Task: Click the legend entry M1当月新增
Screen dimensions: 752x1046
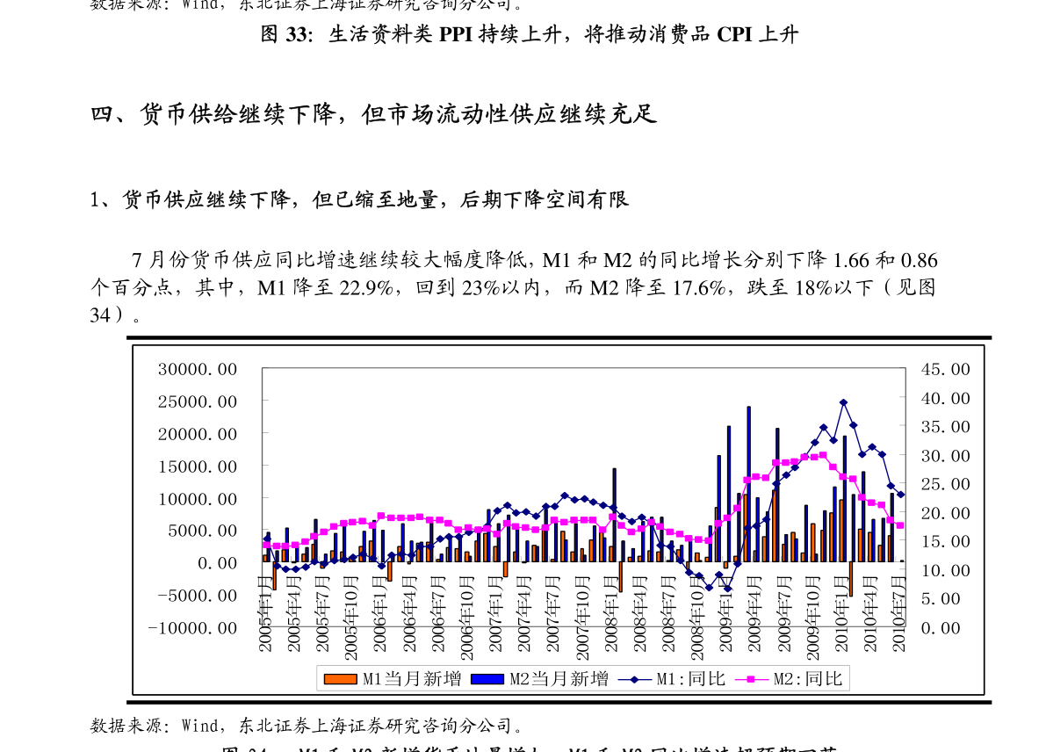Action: point(392,679)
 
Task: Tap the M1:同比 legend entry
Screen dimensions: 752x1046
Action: point(673,679)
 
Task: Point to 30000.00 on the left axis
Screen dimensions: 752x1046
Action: point(198,369)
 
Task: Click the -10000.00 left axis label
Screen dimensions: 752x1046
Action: point(192,628)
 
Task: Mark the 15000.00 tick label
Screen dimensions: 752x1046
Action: point(198,466)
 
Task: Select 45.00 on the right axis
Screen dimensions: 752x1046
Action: point(945,369)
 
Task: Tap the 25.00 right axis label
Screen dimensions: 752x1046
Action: point(945,484)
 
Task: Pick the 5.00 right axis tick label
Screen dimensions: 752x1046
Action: point(945,599)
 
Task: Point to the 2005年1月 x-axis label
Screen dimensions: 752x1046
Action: point(265,614)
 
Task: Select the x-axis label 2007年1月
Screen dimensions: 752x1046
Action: point(496,614)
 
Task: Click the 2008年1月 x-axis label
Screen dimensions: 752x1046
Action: point(611,614)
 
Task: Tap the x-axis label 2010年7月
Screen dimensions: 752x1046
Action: point(899,614)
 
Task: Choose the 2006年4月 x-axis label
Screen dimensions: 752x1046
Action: point(409,614)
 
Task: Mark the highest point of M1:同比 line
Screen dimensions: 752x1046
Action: point(843,402)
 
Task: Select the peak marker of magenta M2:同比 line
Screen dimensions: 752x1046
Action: point(823,455)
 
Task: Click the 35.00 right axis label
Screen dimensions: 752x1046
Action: point(945,427)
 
